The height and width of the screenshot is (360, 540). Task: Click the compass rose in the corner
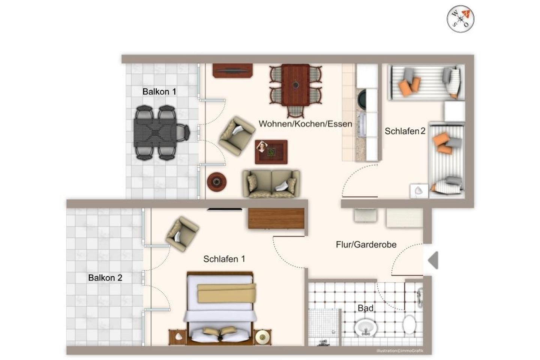[x=460, y=19]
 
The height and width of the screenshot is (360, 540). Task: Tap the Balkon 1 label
[x=159, y=91]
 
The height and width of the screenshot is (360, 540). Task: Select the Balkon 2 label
[x=105, y=278]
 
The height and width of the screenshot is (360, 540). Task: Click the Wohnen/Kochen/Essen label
[x=305, y=124]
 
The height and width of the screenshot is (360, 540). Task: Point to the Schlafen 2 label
[x=405, y=131]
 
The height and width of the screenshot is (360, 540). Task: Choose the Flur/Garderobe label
[x=366, y=244]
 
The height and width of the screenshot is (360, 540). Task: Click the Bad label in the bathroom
[x=366, y=308]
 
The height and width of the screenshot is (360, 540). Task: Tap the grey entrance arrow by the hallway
[x=433, y=260]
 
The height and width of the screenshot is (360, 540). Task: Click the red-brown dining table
[x=295, y=85]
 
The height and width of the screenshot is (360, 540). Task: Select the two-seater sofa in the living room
[x=271, y=184]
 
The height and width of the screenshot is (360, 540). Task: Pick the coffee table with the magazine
[x=271, y=152]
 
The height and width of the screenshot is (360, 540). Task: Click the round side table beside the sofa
[x=216, y=182]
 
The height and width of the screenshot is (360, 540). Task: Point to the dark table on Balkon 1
[x=155, y=133]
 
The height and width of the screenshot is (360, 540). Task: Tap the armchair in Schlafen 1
[x=182, y=234]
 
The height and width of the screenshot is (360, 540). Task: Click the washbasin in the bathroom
[x=366, y=328]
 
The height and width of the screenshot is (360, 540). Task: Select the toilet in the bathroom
[x=409, y=324]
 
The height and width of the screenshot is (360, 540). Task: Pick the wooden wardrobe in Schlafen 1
[x=276, y=219]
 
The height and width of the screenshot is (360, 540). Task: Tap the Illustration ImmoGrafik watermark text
[x=400, y=351]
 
